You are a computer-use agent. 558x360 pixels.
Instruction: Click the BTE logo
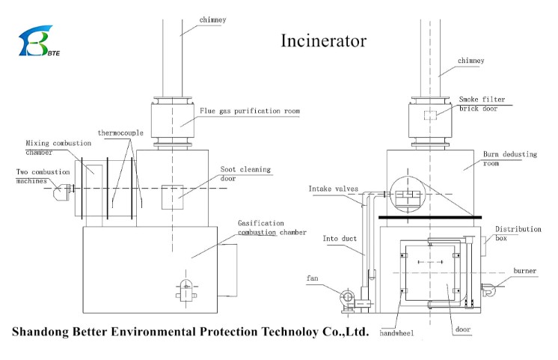(x=39, y=40)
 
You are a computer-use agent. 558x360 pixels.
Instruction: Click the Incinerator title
(x=323, y=41)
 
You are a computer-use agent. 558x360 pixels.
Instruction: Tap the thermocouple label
(x=120, y=132)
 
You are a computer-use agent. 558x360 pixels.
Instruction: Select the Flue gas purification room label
(x=250, y=111)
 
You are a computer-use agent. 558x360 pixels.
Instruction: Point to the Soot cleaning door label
(x=245, y=174)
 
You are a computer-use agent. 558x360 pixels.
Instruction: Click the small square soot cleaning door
(x=173, y=197)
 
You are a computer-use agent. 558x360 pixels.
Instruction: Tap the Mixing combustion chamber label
(x=58, y=147)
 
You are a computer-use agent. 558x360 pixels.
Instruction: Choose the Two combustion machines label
(x=43, y=177)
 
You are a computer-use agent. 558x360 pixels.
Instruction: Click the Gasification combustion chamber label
(x=272, y=228)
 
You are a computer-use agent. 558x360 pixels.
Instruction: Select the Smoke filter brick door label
(x=482, y=103)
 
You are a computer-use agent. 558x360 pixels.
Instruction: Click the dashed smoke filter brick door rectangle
(x=430, y=115)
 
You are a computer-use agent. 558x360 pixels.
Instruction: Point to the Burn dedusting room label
(x=509, y=159)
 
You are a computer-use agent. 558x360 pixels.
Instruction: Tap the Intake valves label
(x=333, y=189)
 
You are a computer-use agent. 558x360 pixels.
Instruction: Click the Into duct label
(x=340, y=239)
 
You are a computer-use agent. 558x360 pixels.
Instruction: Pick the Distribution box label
(x=518, y=234)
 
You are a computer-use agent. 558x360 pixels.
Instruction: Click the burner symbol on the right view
(x=488, y=289)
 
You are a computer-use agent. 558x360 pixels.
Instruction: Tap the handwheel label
(x=396, y=333)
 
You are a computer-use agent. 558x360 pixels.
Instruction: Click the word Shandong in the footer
(x=40, y=332)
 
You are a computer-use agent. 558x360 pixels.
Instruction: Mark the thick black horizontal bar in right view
(x=430, y=217)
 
